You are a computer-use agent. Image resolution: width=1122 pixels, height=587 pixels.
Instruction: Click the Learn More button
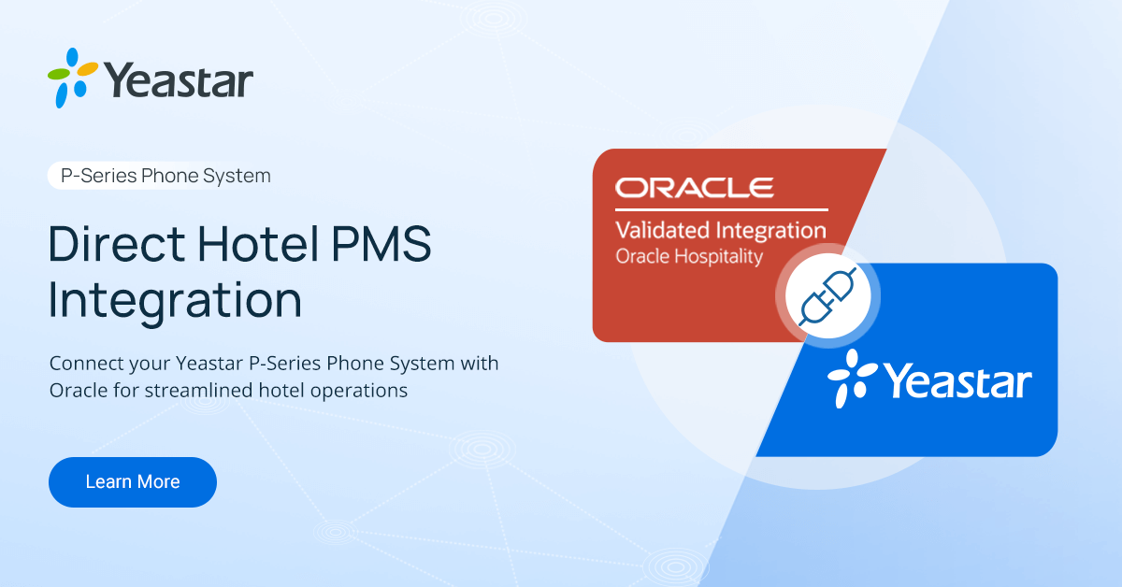point(132,482)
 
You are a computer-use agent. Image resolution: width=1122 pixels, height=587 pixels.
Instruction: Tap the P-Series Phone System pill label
point(165,176)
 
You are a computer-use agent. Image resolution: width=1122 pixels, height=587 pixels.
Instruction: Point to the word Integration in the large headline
point(175,301)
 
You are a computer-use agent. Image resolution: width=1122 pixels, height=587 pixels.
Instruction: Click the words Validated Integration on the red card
point(720,230)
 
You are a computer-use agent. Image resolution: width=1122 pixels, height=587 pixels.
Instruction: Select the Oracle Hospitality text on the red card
point(689,256)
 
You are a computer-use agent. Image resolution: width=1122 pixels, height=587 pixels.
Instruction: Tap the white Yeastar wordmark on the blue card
point(957,382)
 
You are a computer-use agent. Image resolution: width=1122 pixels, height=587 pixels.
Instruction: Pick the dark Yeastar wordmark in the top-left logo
point(179,80)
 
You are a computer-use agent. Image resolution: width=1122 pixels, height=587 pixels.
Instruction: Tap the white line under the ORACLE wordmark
point(721,208)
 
